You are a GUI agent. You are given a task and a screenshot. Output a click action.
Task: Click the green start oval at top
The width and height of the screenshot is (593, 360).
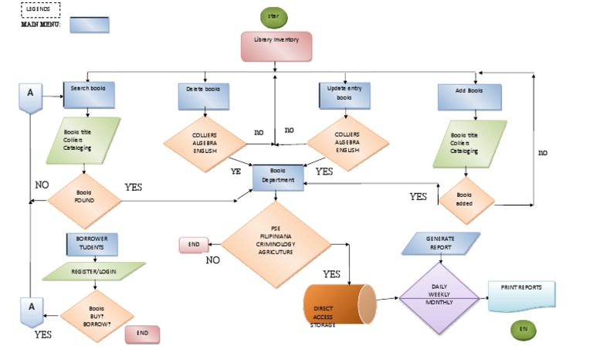(275, 15)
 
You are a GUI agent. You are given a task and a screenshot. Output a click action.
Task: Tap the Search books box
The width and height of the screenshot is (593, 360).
(88, 95)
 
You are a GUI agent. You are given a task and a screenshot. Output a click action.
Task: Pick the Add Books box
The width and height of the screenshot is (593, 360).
(469, 97)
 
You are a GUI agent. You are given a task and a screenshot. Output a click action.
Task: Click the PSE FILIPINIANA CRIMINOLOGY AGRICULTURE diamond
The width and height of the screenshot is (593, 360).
(276, 246)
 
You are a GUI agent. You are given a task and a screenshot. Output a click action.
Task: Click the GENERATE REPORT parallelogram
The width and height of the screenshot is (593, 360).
(441, 244)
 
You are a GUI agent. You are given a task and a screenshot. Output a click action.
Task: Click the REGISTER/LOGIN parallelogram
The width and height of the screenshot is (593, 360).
(93, 272)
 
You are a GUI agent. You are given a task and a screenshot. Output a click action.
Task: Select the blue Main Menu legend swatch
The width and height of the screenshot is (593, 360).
(89, 25)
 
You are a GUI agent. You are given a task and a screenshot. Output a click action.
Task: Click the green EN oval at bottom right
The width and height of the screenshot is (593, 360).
(523, 331)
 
